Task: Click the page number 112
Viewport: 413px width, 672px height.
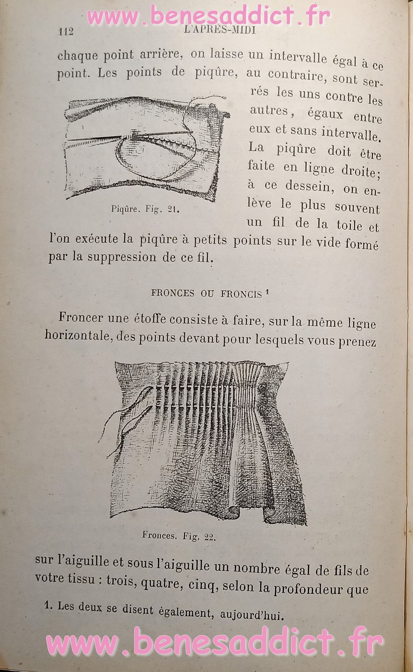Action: click(x=66, y=31)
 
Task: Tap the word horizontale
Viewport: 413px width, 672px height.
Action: click(x=78, y=336)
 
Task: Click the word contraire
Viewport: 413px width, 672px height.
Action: click(x=298, y=76)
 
